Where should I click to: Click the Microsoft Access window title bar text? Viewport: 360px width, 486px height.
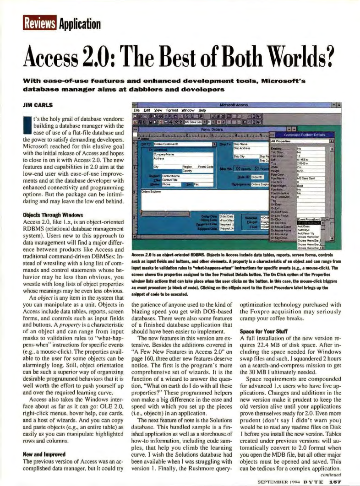236,105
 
